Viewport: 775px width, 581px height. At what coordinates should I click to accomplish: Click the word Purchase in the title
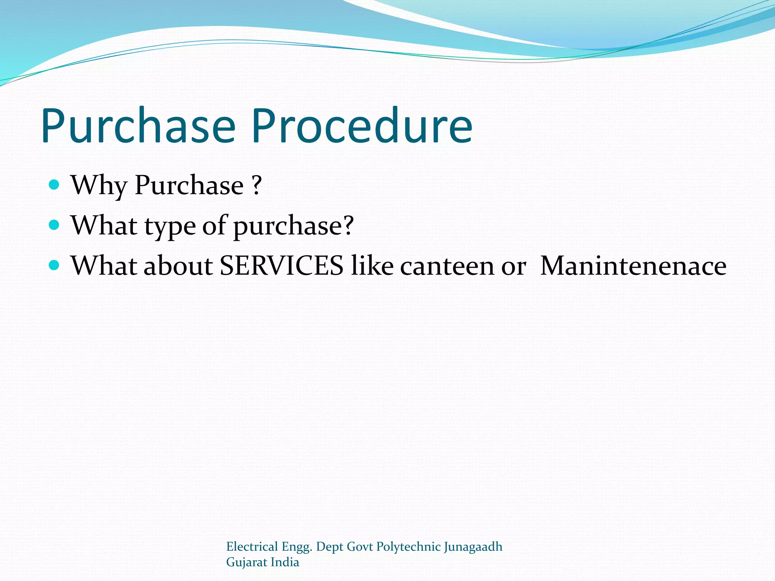[138, 127]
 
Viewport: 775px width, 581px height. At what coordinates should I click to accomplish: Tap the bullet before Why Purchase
[54, 185]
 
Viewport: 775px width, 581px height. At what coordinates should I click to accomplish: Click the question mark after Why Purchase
[257, 185]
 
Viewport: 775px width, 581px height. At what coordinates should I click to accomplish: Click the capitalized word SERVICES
[282, 266]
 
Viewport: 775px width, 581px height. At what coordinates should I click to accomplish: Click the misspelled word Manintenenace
[633, 266]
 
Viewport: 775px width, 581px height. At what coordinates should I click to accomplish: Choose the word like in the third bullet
[372, 266]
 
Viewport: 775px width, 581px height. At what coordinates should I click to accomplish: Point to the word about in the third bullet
[178, 266]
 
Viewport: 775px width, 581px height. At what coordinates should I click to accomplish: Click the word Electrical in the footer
[252, 547]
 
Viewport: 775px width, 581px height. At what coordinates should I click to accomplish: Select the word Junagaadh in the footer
[473, 547]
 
